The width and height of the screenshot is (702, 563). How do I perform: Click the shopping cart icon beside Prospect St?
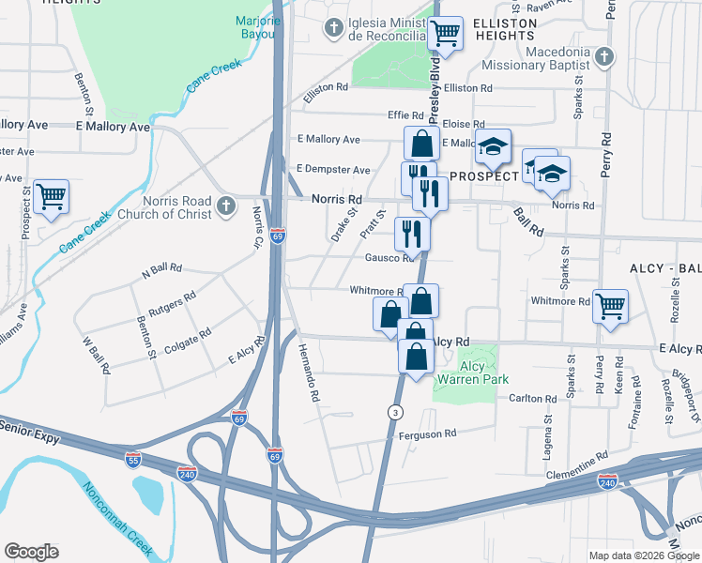[x=52, y=196]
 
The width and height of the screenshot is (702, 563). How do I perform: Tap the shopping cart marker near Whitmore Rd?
[x=611, y=305]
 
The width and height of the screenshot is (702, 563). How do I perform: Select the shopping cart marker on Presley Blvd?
[x=445, y=34]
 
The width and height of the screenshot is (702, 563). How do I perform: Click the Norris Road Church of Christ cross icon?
[x=224, y=206]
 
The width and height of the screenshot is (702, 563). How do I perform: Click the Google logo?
[x=31, y=551]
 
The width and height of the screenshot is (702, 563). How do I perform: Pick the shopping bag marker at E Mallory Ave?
[x=421, y=144]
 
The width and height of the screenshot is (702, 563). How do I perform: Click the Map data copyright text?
[x=644, y=555]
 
